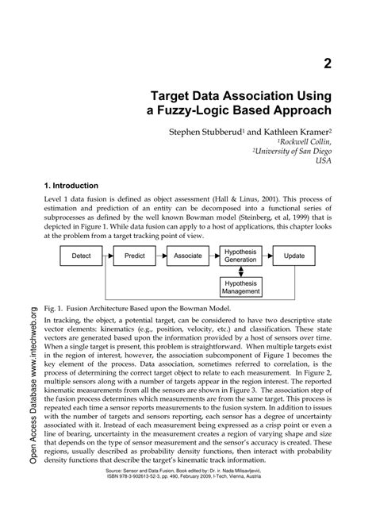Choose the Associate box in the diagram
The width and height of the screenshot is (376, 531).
[189, 256]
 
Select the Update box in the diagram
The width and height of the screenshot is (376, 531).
[294, 256]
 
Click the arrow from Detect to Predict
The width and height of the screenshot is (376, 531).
[110, 256]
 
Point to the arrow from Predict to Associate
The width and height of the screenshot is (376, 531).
[163, 256]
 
